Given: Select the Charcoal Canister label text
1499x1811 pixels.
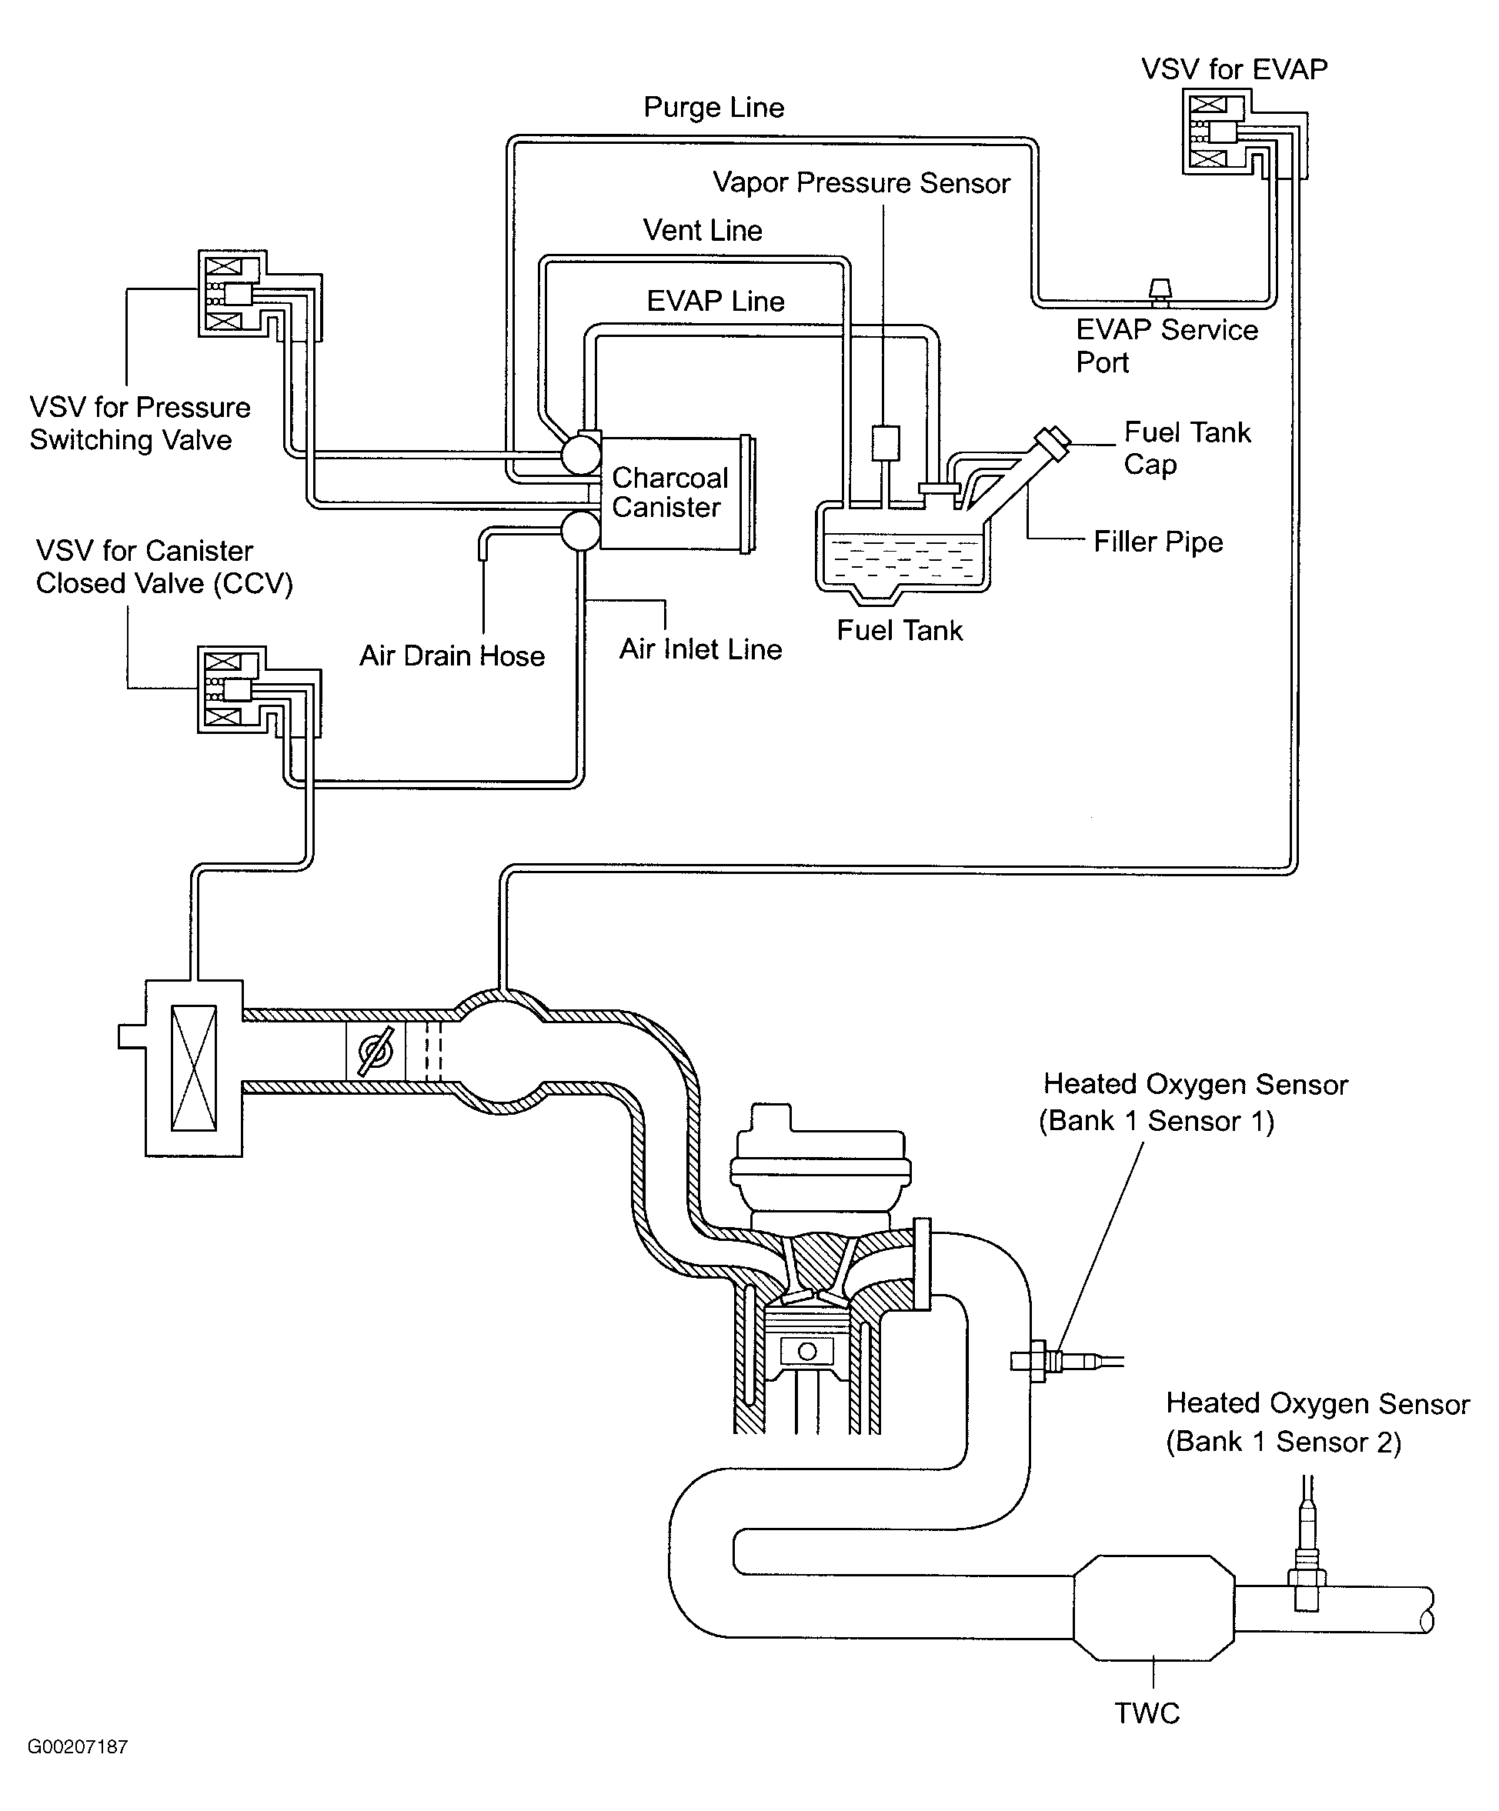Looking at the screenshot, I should click(x=669, y=492).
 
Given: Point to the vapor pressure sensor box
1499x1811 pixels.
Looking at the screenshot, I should click(x=885, y=442).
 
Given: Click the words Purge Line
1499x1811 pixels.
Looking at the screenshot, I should click(x=713, y=108).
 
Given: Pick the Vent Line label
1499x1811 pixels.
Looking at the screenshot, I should click(x=702, y=230).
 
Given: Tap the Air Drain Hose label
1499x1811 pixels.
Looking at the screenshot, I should click(x=452, y=656).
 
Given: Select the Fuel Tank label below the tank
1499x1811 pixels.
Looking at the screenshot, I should click(x=899, y=630).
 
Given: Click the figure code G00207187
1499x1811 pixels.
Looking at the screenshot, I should click(x=78, y=1747).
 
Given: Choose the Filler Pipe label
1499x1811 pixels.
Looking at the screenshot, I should click(x=1157, y=542).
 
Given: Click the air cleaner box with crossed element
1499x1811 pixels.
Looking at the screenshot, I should click(x=194, y=1068).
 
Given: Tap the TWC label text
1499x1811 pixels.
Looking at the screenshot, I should click(x=1147, y=1713).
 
